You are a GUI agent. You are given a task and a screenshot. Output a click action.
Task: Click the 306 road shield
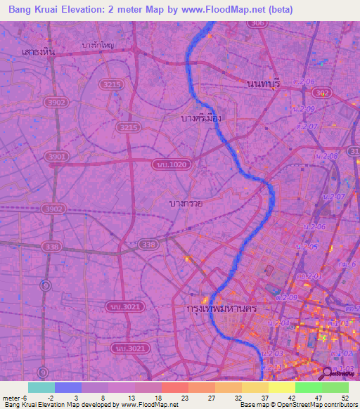(x=258, y=24)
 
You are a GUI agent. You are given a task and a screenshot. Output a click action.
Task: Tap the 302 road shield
(x=323, y=93)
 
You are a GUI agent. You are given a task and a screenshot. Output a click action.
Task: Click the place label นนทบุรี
(x=264, y=84)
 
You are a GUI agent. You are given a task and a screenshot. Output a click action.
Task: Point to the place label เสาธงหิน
(x=39, y=51)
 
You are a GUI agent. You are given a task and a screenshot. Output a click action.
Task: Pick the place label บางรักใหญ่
(x=98, y=45)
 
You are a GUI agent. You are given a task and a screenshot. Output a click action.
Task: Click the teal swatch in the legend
(x=41, y=387)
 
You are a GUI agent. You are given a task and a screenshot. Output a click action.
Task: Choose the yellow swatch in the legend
(x=281, y=387)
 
